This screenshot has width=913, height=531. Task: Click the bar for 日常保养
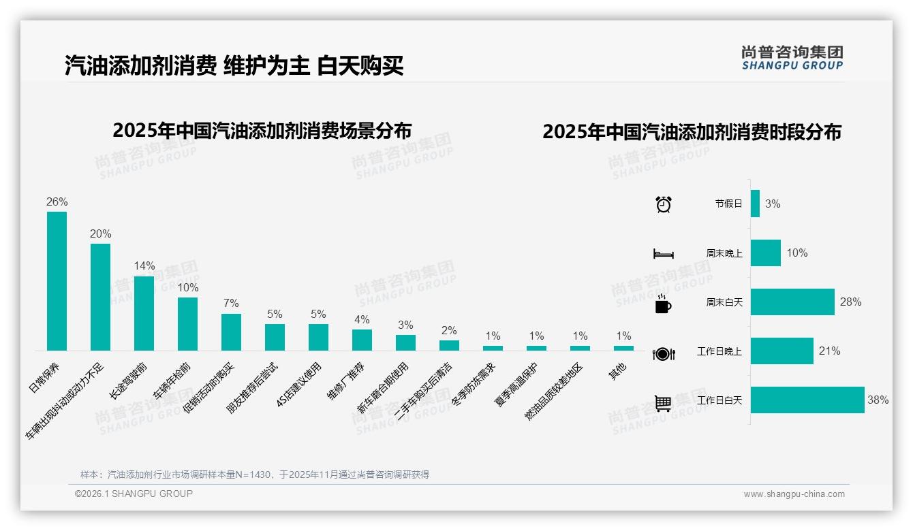[57, 281]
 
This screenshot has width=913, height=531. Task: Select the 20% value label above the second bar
[100, 234]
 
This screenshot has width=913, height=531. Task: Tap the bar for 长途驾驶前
[144, 313]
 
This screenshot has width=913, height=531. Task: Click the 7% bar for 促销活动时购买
[231, 332]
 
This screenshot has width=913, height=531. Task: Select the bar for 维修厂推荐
[362, 340]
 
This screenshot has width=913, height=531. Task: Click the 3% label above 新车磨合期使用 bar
[405, 325]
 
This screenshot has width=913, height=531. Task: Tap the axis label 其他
[618, 371]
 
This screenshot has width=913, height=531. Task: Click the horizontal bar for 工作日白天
[807, 400]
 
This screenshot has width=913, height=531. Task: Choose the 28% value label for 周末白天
[850, 302]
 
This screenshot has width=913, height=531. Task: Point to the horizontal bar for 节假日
[755, 204]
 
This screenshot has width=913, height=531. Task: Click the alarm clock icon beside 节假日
[663, 204]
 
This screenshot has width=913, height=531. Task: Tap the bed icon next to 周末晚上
[663, 253]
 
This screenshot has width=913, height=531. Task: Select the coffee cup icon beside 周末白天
[663, 303]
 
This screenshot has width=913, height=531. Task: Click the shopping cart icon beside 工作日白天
[663, 403]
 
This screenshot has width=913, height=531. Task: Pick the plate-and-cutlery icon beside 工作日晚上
[663, 353]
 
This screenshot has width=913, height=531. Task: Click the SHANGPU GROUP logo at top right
[792, 57]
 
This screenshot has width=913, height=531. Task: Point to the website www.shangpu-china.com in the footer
[794, 494]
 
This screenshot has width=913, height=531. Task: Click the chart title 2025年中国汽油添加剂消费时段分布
[692, 132]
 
